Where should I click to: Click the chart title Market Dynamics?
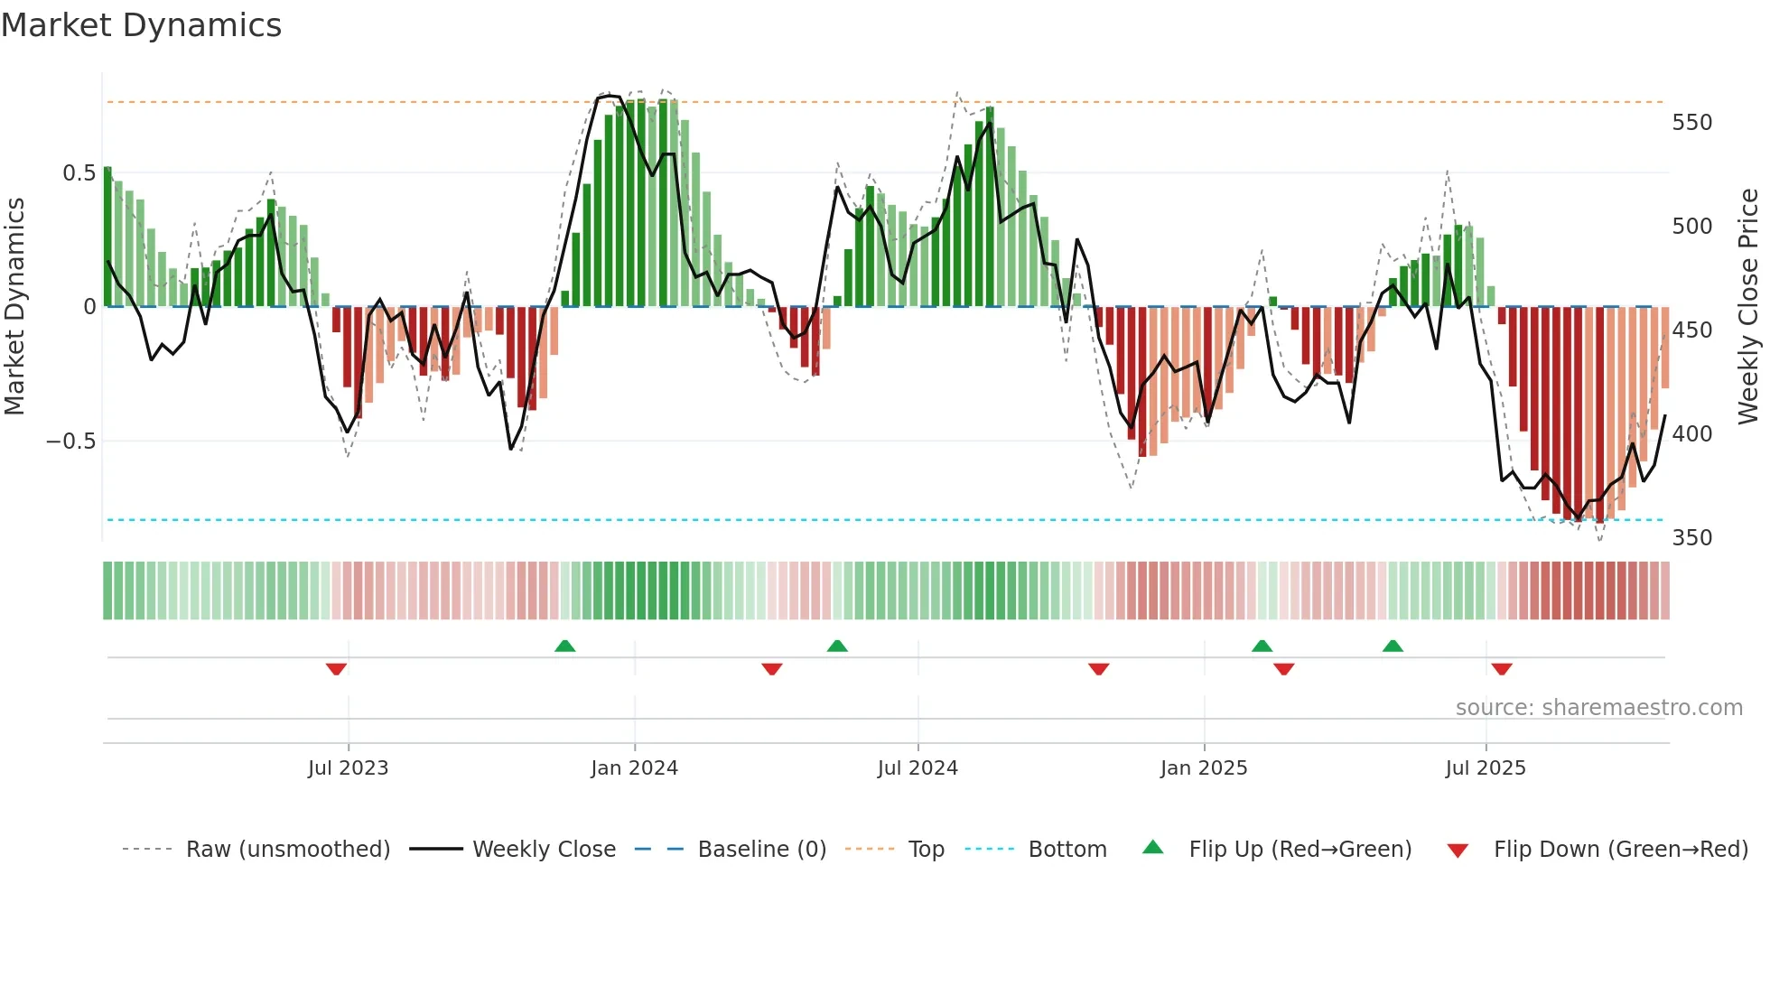[x=141, y=25]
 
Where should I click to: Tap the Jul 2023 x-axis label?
[x=348, y=768]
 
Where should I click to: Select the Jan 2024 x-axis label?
[x=634, y=768]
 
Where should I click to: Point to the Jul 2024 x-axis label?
[x=918, y=768]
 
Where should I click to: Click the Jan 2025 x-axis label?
[x=1204, y=768]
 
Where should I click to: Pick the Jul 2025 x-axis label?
[x=1486, y=768]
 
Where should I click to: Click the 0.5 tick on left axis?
[x=79, y=172]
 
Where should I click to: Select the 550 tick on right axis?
[x=1691, y=122]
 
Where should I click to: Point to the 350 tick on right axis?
[x=1691, y=537]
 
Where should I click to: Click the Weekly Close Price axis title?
[x=1748, y=306]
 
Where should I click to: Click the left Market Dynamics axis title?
[x=14, y=306]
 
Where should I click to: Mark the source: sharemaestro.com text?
[x=1598, y=707]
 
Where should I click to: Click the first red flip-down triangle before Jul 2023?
[x=336, y=669]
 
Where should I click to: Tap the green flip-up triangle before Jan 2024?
[x=564, y=646]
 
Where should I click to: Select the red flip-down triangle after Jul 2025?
[x=1501, y=669]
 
